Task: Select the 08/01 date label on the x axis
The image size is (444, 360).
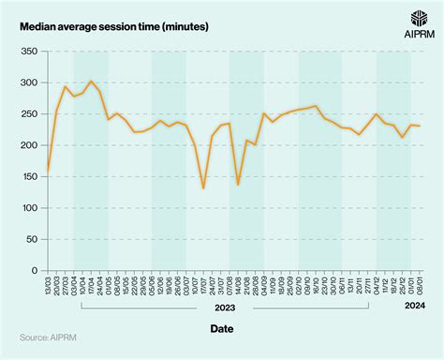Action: (x=420, y=286)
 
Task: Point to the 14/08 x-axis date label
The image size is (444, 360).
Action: (x=238, y=286)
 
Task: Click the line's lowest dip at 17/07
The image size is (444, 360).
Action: (x=203, y=188)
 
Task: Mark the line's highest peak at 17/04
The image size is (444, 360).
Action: (x=91, y=82)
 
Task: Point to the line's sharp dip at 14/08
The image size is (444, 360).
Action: (x=238, y=185)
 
